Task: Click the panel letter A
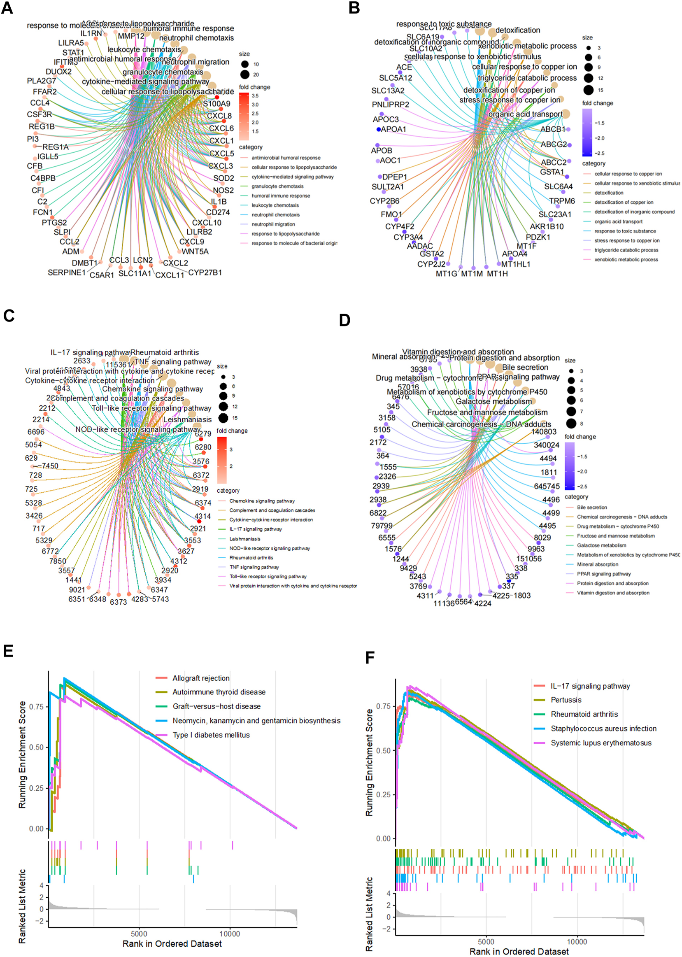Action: (7, 8)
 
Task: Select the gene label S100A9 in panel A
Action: (216, 104)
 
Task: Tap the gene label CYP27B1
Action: (205, 272)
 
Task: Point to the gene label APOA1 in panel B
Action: (393, 129)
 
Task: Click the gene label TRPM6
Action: (562, 201)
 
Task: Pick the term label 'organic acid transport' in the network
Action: (525, 114)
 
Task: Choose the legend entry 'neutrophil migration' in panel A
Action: (273, 224)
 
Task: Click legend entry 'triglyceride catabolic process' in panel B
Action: (626, 250)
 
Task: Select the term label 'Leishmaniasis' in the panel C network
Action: (187, 419)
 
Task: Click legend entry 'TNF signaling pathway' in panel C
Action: (254, 567)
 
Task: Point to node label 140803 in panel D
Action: (544, 432)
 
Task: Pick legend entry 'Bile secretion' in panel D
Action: (592, 507)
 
